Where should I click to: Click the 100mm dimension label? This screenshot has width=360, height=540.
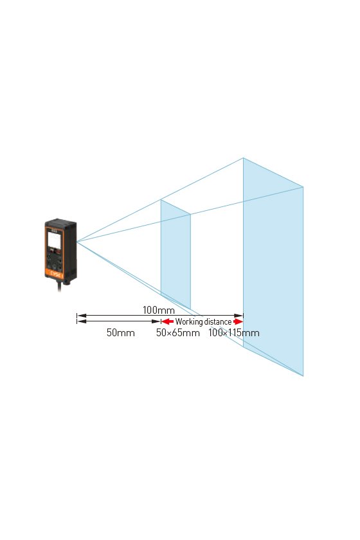pos(159,310)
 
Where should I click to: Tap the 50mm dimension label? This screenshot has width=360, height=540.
pos(121,333)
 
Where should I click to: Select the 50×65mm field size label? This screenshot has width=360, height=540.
pos(178,333)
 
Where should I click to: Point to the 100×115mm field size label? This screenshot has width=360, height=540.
pos(233,333)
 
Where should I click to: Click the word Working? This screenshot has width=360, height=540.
pos(189,321)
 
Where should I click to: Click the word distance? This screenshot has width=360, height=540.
pos(218,321)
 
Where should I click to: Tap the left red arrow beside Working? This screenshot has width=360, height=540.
pos(167,321)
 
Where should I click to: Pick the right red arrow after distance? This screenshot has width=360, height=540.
pos(238,321)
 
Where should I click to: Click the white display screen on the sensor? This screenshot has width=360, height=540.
pos(55,240)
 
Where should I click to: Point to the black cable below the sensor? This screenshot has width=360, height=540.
pos(60,285)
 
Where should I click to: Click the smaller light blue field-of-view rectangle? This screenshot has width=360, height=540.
pos(175,254)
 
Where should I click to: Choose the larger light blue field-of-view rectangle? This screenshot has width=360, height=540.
pos(273,267)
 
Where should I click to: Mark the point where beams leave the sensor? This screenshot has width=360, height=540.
pos(77,242)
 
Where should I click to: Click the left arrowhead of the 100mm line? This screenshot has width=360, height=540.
pos(81,315)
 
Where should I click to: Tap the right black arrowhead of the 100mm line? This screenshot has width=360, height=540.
pos(239,315)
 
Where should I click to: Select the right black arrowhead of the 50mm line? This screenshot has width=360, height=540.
pos(156,321)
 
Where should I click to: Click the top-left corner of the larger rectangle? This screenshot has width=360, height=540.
pos(243,157)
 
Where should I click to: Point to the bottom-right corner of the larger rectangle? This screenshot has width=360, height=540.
pos(303,375)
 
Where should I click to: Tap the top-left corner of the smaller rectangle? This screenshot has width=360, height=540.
pos(161,199)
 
